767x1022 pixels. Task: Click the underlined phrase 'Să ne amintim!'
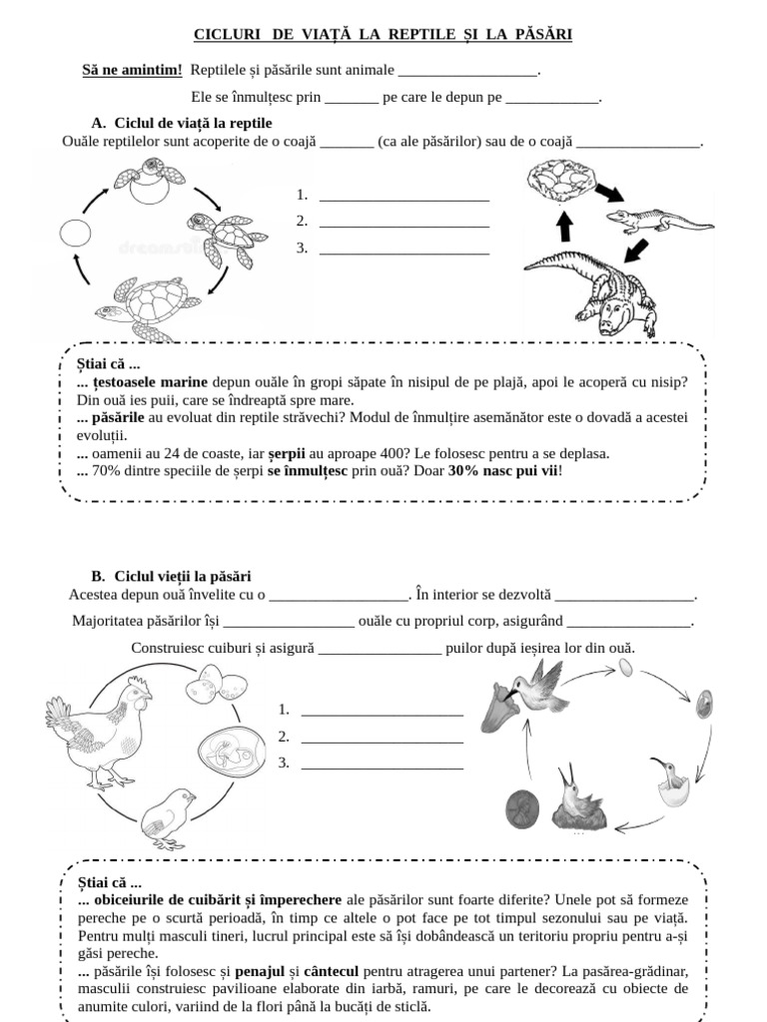[x=132, y=71]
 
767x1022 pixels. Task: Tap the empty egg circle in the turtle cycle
[x=76, y=234]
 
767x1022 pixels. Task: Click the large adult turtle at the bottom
[x=146, y=303]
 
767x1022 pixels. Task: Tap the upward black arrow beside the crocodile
[x=564, y=228]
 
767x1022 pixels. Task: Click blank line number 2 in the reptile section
[x=404, y=222]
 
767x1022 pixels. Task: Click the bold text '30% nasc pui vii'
[x=503, y=470]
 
